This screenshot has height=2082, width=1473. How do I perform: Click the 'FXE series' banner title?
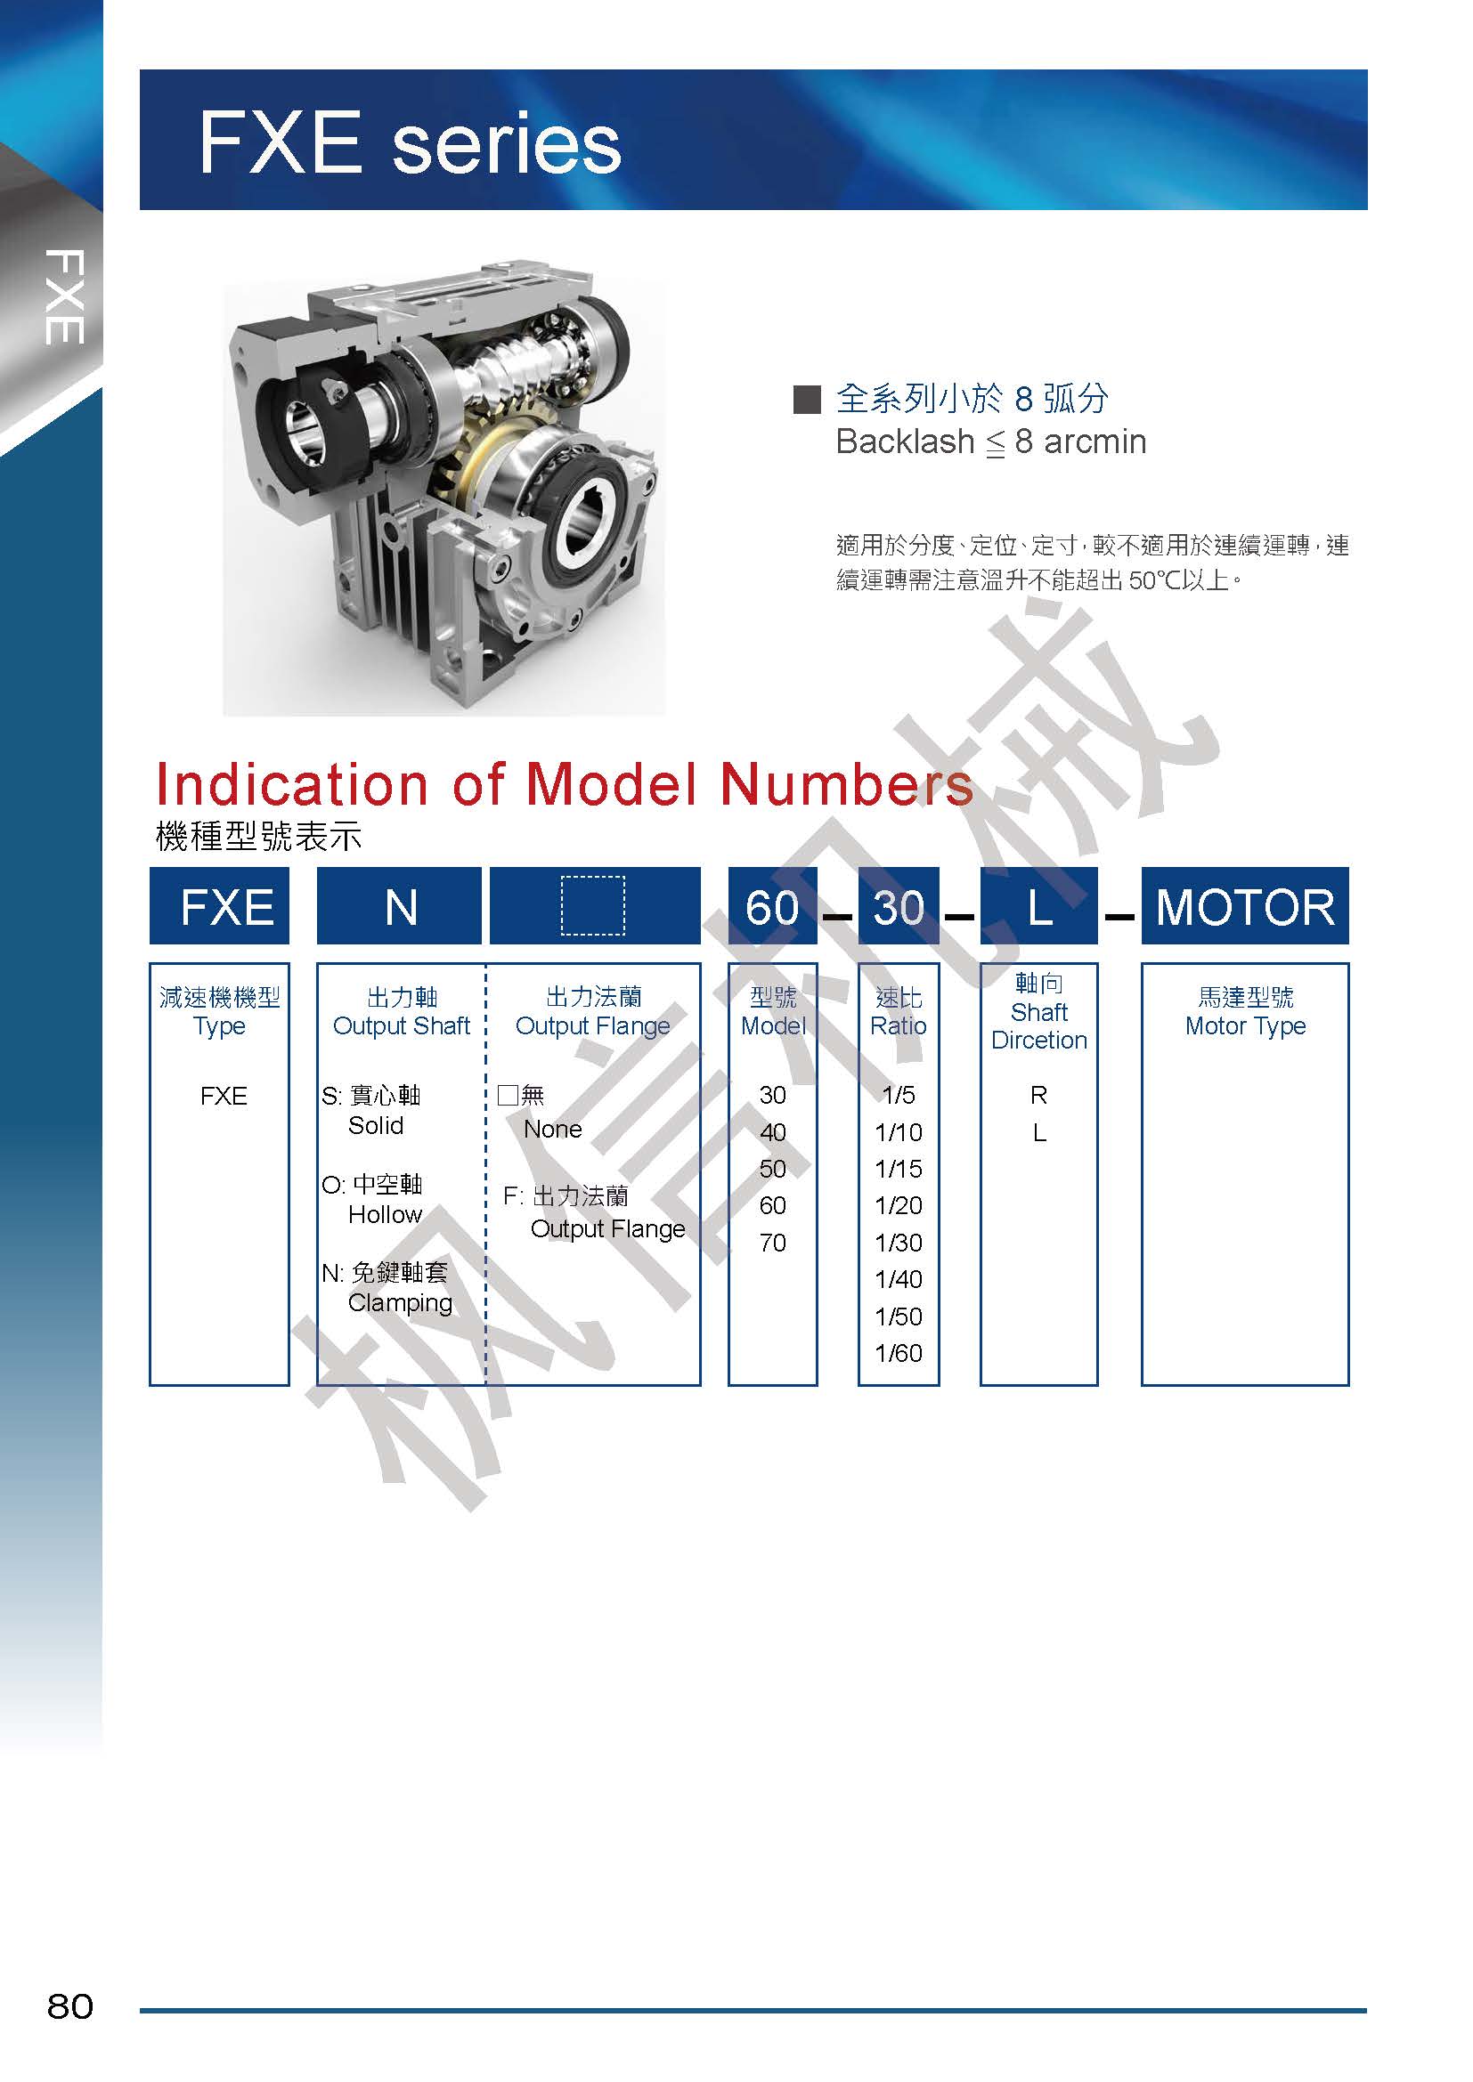click(410, 142)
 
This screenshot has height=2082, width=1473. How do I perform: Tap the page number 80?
click(69, 2005)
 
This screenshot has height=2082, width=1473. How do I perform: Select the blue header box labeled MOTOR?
click(1244, 906)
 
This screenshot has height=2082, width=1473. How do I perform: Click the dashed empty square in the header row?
click(593, 905)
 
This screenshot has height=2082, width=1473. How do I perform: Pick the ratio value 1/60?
click(898, 1353)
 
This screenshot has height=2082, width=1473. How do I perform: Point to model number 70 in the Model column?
click(773, 1243)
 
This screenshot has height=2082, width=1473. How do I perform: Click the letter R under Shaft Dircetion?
click(1038, 1096)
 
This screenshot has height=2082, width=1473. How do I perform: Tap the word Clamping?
click(400, 1303)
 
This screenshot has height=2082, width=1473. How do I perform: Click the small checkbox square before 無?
click(508, 1096)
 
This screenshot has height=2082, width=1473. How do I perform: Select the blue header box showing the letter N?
click(399, 906)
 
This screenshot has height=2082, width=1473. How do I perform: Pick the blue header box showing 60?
click(773, 906)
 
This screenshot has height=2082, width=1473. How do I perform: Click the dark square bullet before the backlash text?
click(806, 399)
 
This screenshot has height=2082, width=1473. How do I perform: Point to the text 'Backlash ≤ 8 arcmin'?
click(990, 442)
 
